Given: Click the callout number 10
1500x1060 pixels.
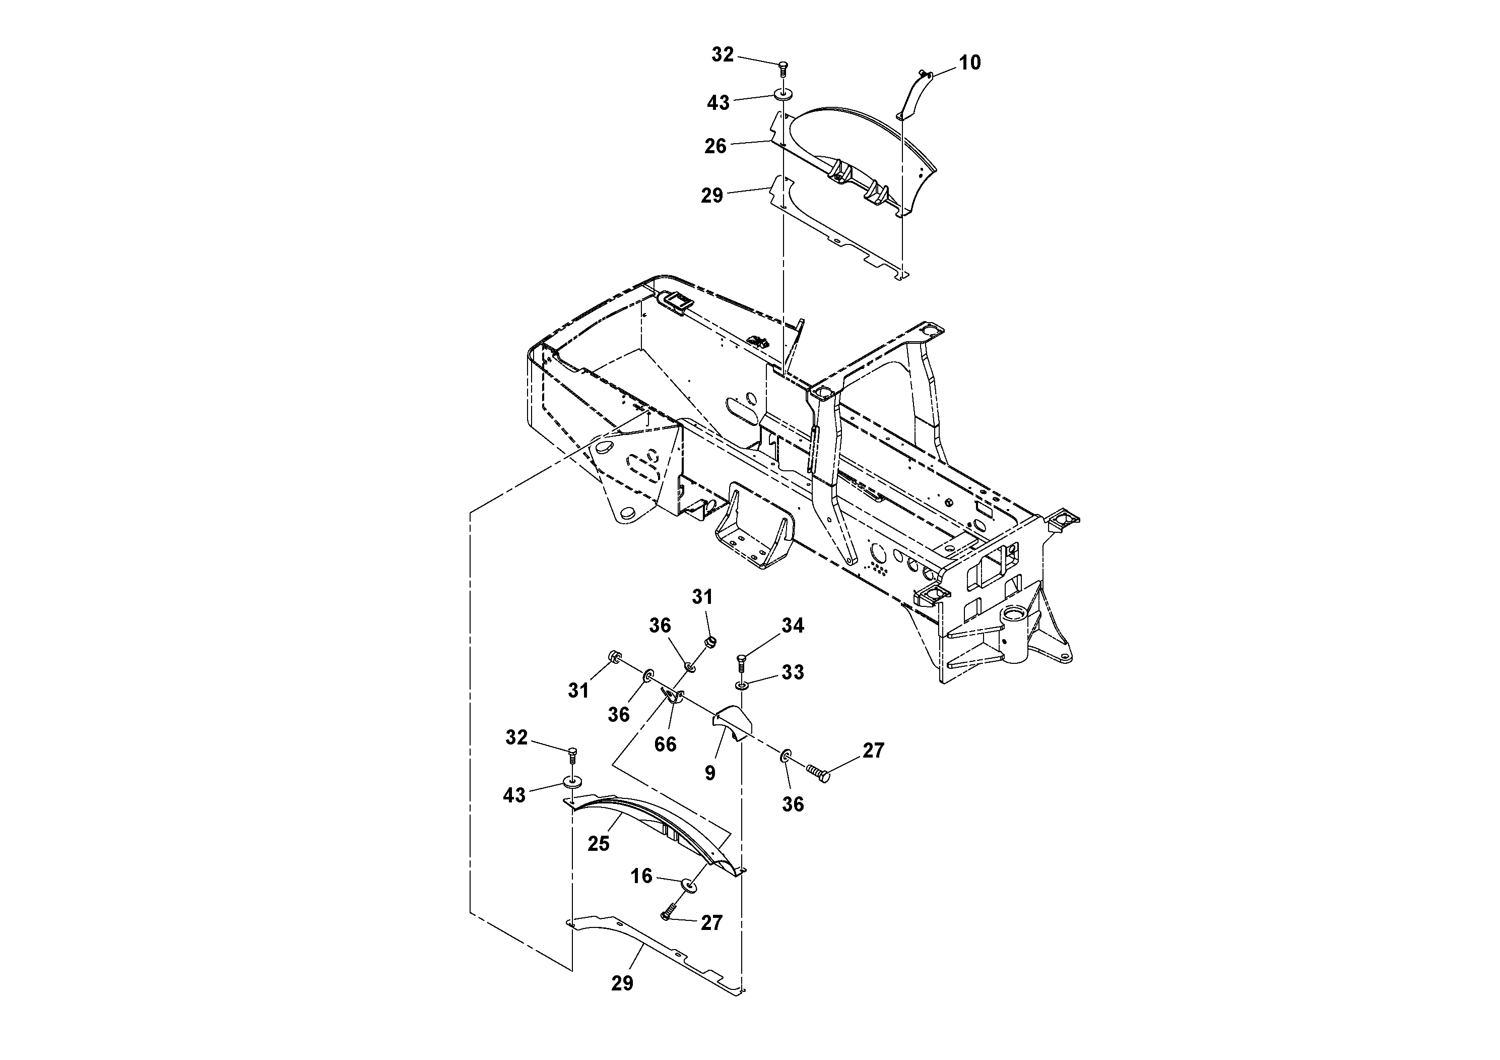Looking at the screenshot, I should pos(969,63).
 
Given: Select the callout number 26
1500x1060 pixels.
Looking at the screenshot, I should pos(715,146).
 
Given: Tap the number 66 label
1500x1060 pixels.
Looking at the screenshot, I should pos(665,744).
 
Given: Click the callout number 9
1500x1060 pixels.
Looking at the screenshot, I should pos(710,773).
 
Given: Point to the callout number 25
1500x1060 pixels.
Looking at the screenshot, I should pos(599,844).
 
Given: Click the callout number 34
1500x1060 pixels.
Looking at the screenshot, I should pos(793,626).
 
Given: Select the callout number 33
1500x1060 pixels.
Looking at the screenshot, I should pos(793,672).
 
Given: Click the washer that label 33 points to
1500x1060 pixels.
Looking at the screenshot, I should pos(742,685).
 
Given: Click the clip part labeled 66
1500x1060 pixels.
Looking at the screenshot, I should pos(673,697).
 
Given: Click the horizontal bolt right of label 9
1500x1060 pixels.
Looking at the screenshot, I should pos(817,773).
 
